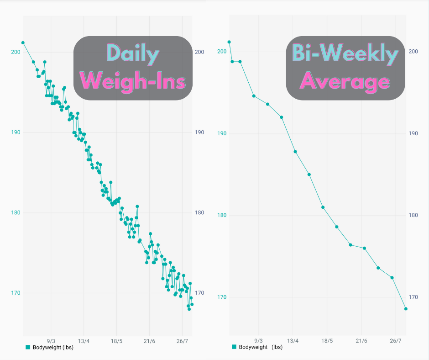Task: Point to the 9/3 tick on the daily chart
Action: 51,341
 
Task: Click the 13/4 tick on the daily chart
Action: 84,341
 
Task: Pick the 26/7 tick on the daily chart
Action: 182,341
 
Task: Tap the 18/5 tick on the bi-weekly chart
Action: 327,341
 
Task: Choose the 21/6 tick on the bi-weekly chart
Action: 361,341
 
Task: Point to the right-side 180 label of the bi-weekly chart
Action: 413,216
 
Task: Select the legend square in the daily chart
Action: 28,347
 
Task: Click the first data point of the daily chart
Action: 23,43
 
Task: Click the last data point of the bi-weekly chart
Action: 406,309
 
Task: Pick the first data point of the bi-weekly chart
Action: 229,42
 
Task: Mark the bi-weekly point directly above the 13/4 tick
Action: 295,152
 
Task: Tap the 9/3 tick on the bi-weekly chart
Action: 258,341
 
